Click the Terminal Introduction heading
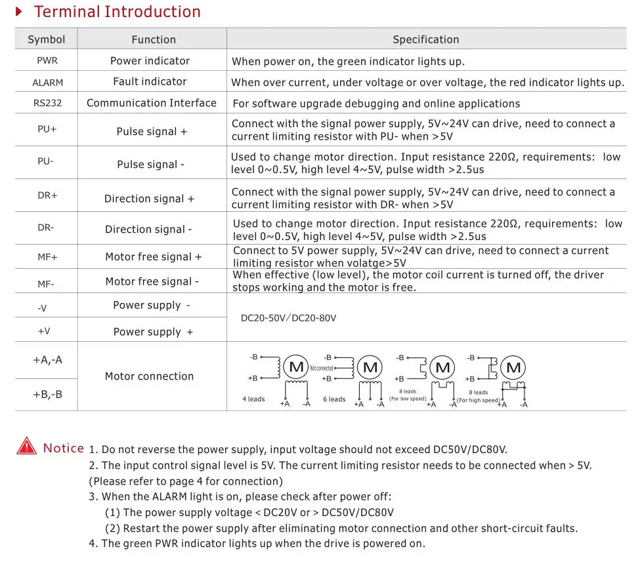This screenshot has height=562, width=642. point(117,12)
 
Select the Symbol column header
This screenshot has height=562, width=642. point(47,39)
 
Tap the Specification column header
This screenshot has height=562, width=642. point(425,39)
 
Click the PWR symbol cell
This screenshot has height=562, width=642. point(47,61)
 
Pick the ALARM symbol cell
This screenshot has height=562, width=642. point(47,83)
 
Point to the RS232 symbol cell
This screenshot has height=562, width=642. point(47,103)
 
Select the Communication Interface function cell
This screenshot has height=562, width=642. point(151,103)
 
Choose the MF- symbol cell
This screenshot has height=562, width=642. point(46,284)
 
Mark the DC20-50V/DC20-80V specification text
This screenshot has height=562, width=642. point(288,318)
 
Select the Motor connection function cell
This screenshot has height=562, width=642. point(149,376)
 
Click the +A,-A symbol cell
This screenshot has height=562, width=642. point(47,360)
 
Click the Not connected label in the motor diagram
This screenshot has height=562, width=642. point(321,369)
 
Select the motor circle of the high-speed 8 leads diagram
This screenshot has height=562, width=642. point(513,367)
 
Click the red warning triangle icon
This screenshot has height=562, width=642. point(27,447)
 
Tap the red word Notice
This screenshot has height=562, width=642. point(63,449)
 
